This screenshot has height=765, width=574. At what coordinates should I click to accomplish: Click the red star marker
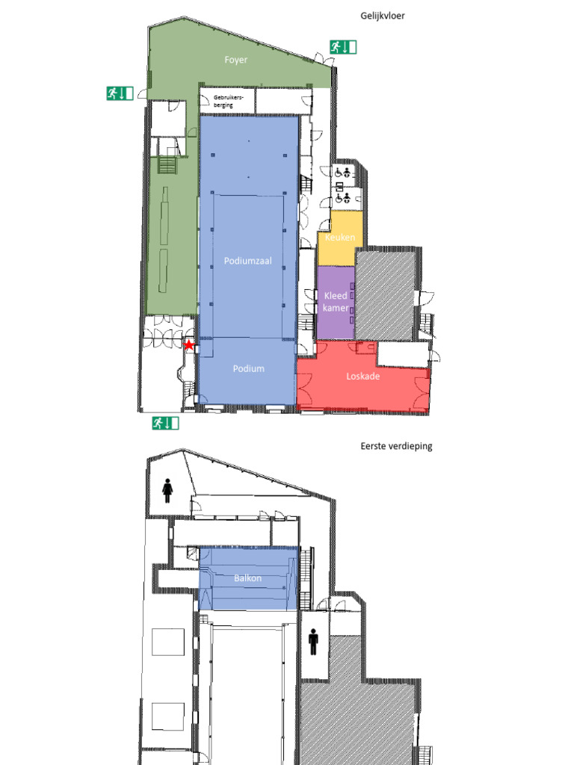click(189, 345)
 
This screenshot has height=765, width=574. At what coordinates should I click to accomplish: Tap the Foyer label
click(235, 60)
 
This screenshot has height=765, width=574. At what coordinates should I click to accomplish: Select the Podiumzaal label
click(248, 261)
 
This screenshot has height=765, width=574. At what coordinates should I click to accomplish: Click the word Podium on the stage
click(248, 369)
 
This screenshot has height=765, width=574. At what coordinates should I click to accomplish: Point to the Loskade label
click(362, 377)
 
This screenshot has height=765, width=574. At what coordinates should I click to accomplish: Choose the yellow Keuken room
click(340, 238)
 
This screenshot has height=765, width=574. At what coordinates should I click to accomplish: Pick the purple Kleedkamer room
click(336, 303)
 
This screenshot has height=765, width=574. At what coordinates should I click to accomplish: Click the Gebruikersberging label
click(228, 101)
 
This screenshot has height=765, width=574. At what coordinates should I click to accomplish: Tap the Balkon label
click(248, 578)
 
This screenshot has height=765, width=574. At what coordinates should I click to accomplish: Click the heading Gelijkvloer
click(383, 16)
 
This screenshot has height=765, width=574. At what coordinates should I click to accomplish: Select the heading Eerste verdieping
click(396, 446)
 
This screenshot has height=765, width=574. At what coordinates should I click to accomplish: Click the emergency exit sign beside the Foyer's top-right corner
click(343, 47)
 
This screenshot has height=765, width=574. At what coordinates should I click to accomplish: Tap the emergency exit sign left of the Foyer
click(120, 93)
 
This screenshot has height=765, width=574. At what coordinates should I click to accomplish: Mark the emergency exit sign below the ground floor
click(165, 423)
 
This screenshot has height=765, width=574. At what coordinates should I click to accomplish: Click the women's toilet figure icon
click(167, 490)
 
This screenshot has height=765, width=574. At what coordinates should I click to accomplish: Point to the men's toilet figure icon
click(313, 642)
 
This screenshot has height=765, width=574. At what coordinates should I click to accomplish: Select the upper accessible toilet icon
click(342, 172)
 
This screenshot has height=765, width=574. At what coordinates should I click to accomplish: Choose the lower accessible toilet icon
click(342, 197)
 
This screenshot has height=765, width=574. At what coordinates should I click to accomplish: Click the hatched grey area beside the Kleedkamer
click(386, 294)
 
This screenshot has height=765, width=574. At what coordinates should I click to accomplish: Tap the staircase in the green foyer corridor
click(167, 164)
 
